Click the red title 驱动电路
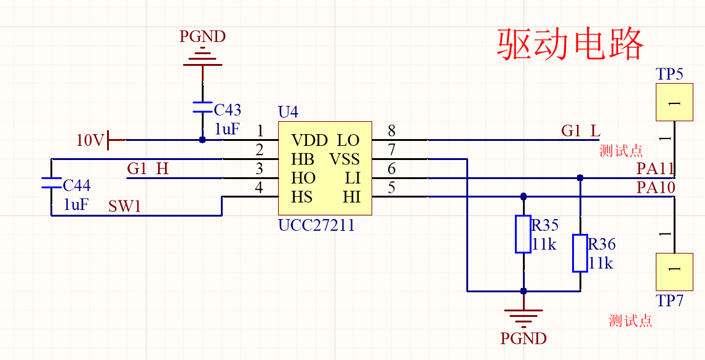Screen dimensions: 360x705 pyautogui.click(x=570, y=44)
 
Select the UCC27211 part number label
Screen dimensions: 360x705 pyautogui.click(x=316, y=225)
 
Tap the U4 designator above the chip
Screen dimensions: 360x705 pyautogui.click(x=288, y=112)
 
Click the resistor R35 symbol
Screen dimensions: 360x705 pyautogui.click(x=523, y=234)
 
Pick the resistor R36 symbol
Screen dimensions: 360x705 pyautogui.click(x=580, y=253)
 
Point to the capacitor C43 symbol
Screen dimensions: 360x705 pyautogui.click(x=202, y=107)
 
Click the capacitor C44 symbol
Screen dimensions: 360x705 pyautogui.click(x=51, y=182)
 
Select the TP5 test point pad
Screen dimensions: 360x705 pyautogui.click(x=674, y=102)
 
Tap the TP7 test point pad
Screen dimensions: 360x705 pyautogui.click(x=674, y=271)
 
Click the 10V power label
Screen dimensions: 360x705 pyautogui.click(x=90, y=140)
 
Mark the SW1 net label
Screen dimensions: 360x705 pyautogui.click(x=125, y=206)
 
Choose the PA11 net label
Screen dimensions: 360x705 pyautogui.click(x=656, y=169)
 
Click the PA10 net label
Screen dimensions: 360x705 pyautogui.click(x=656, y=188)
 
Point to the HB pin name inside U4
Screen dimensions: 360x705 pyautogui.click(x=303, y=160)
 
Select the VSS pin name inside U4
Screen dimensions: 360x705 pyautogui.click(x=345, y=160)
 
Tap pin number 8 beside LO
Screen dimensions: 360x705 pyautogui.click(x=392, y=130)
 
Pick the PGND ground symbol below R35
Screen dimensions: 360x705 pyautogui.click(x=523, y=317)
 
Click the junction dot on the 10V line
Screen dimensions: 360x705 pyautogui.click(x=202, y=140)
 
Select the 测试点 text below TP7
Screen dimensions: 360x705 pyautogui.click(x=631, y=321)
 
